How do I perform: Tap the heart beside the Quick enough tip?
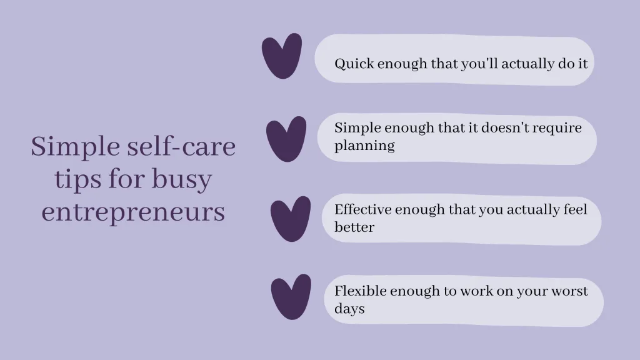pyautogui.click(x=281, y=56)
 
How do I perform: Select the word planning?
pyautogui.click(x=364, y=146)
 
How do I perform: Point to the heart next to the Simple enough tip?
pyautogui.click(x=286, y=137)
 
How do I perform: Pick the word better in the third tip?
pyautogui.click(x=354, y=227)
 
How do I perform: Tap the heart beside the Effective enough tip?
pyautogui.click(x=291, y=218)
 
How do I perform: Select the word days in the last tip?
pyautogui.click(x=349, y=309)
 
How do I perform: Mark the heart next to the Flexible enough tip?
pyautogui.click(x=291, y=296)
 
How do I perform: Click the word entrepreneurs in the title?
pyautogui.click(x=133, y=212)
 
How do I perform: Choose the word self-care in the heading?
pyautogui.click(x=182, y=147)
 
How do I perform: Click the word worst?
pyautogui.click(x=569, y=291)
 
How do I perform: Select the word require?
pyautogui.click(x=557, y=128)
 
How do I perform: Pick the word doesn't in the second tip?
pyautogui.click(x=497, y=128)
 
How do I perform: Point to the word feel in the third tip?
pyautogui.click(x=575, y=209)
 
